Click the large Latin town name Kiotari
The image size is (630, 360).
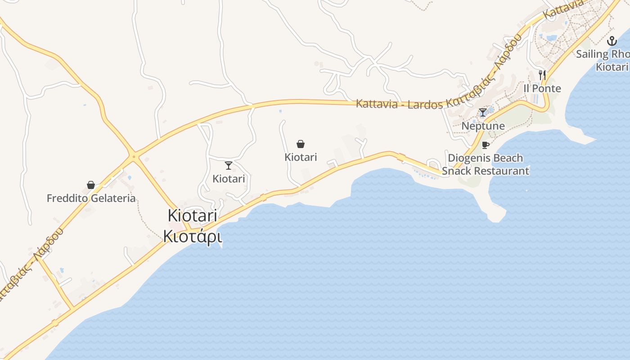tap(193, 216)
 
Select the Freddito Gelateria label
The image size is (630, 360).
tap(91, 198)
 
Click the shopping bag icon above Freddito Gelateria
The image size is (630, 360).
tap(91, 185)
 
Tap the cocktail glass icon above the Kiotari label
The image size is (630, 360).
tap(229, 166)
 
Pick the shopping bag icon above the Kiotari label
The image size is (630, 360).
tap(301, 144)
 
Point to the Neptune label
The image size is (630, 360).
tap(483, 126)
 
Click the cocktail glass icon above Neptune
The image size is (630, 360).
tap(483, 112)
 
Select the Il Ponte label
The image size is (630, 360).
tap(542, 88)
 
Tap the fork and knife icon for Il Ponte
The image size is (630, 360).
tap(542, 75)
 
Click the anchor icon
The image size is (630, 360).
tap(612, 41)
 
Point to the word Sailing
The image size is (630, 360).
tap(592, 54)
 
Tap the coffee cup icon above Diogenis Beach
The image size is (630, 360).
tap(485, 145)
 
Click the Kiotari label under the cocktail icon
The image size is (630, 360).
tap(229, 179)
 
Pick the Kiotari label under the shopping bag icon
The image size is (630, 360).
tap(301, 157)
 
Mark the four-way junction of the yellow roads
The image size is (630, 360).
tap(133, 157)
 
